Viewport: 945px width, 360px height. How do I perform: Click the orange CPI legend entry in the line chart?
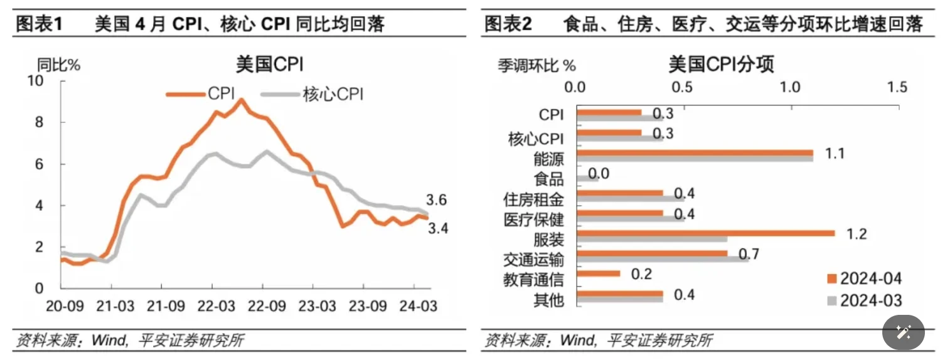[x=201, y=94]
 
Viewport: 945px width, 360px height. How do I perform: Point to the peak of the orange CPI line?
[x=241, y=100]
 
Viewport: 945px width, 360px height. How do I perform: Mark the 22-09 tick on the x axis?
[x=262, y=307]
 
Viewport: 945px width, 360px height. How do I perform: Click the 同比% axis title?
[x=58, y=65]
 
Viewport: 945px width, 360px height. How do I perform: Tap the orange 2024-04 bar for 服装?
[x=705, y=233]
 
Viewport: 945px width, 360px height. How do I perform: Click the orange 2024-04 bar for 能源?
[x=694, y=152]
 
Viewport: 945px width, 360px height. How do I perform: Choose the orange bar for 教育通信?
[x=598, y=273]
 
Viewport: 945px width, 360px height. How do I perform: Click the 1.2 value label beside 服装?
[x=857, y=234]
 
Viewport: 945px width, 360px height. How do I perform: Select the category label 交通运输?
[x=533, y=260]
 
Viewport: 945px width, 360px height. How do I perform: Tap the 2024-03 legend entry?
[x=863, y=300]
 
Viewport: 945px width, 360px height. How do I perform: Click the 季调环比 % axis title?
[x=537, y=65]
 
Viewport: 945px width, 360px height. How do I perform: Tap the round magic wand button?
[x=904, y=332]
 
